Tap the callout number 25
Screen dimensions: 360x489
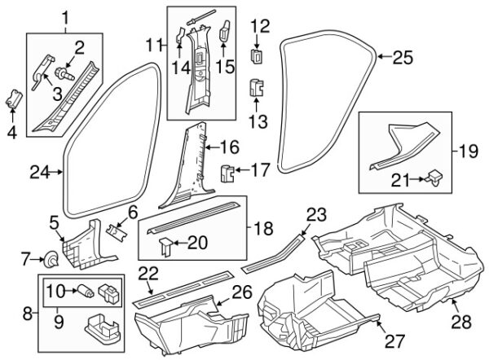403,57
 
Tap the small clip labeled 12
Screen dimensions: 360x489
258,55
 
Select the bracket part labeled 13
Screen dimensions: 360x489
256,86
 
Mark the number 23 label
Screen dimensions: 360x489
315,215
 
